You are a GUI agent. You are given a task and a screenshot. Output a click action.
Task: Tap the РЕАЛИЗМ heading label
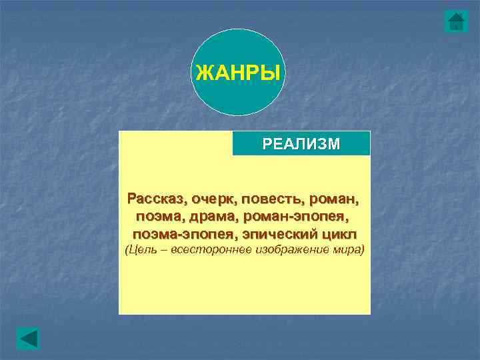click(x=301, y=144)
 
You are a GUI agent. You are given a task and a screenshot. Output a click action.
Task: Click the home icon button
click(x=456, y=21)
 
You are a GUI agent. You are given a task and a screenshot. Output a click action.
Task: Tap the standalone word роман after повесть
click(x=331, y=198)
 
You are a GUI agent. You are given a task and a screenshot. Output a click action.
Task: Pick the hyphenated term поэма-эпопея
click(x=175, y=234)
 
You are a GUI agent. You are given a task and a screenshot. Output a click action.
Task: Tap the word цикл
click(x=339, y=234)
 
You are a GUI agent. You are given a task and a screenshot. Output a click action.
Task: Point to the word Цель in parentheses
click(x=143, y=250)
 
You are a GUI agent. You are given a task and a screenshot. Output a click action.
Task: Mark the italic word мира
click(x=348, y=250)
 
